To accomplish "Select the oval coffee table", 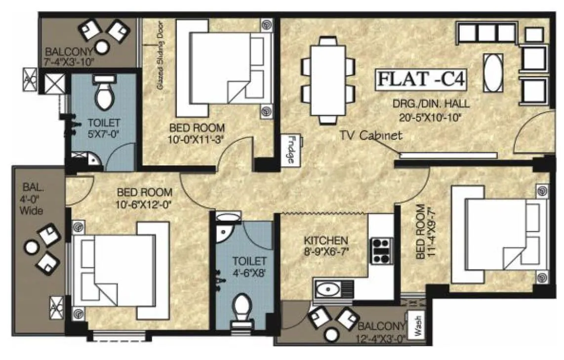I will pos(492,72).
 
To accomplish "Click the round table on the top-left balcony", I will pos(103,47).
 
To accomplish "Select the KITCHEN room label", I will pos(325,241).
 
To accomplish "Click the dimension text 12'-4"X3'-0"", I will pos(380,339).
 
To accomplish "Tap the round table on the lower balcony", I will pos(331,334).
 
